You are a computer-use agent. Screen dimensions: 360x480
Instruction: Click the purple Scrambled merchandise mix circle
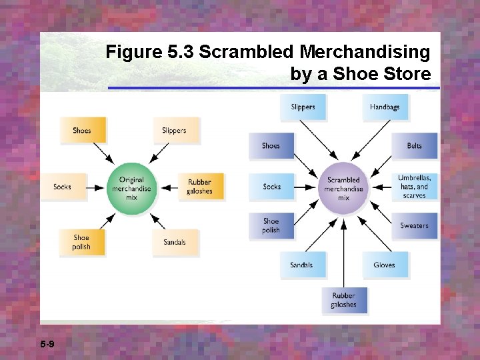coord(343,188)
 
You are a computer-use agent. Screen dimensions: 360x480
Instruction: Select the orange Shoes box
coord(82,130)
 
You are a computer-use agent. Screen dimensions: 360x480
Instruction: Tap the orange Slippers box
coord(175,130)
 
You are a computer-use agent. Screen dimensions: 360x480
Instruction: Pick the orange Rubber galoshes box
coord(200,187)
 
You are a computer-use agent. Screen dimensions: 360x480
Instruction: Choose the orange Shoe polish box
coord(81,242)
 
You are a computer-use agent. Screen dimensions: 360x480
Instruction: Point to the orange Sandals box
coord(175,242)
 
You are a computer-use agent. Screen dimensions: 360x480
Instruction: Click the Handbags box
coord(385,107)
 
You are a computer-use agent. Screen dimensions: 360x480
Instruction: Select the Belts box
coord(414,146)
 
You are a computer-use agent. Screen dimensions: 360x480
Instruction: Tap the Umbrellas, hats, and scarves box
coord(414,187)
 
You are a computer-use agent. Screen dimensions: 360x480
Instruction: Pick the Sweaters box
coord(414,226)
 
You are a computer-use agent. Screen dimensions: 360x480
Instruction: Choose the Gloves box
coord(385,265)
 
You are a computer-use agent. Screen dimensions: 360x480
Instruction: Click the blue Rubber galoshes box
coord(343,300)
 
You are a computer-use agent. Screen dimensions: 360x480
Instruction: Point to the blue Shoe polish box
coord(271,226)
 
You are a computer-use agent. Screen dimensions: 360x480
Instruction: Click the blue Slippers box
coord(303,107)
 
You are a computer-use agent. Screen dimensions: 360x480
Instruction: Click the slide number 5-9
coord(47,344)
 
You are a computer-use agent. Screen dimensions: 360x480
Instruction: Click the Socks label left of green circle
coord(62,187)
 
